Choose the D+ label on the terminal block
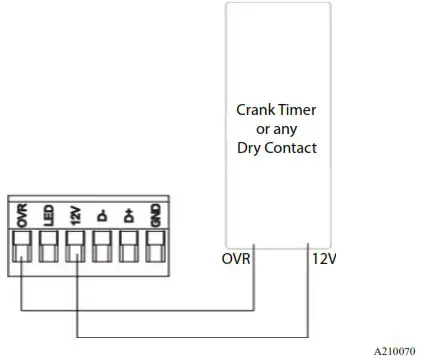128,213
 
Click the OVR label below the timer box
233,260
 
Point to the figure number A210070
394,351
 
